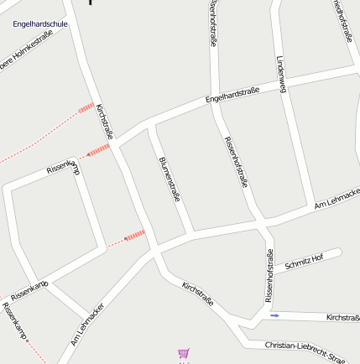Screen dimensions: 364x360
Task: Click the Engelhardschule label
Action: [x=40, y=24]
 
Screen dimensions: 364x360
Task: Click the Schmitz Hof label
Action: [x=304, y=262]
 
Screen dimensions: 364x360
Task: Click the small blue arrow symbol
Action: [x=275, y=315]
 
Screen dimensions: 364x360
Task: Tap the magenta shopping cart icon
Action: [x=184, y=354]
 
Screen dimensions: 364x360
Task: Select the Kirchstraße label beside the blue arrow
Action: [x=342, y=318]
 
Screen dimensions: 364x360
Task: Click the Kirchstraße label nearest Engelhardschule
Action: [x=106, y=121]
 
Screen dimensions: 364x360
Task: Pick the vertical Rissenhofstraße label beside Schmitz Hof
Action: [x=269, y=276]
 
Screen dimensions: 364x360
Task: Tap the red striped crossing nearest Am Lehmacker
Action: [x=135, y=235]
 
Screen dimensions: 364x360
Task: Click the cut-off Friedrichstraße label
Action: [x=342, y=21]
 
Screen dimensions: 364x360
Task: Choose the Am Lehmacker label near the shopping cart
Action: [x=87, y=326]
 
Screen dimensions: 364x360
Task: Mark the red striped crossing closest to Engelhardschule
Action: [x=86, y=107]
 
